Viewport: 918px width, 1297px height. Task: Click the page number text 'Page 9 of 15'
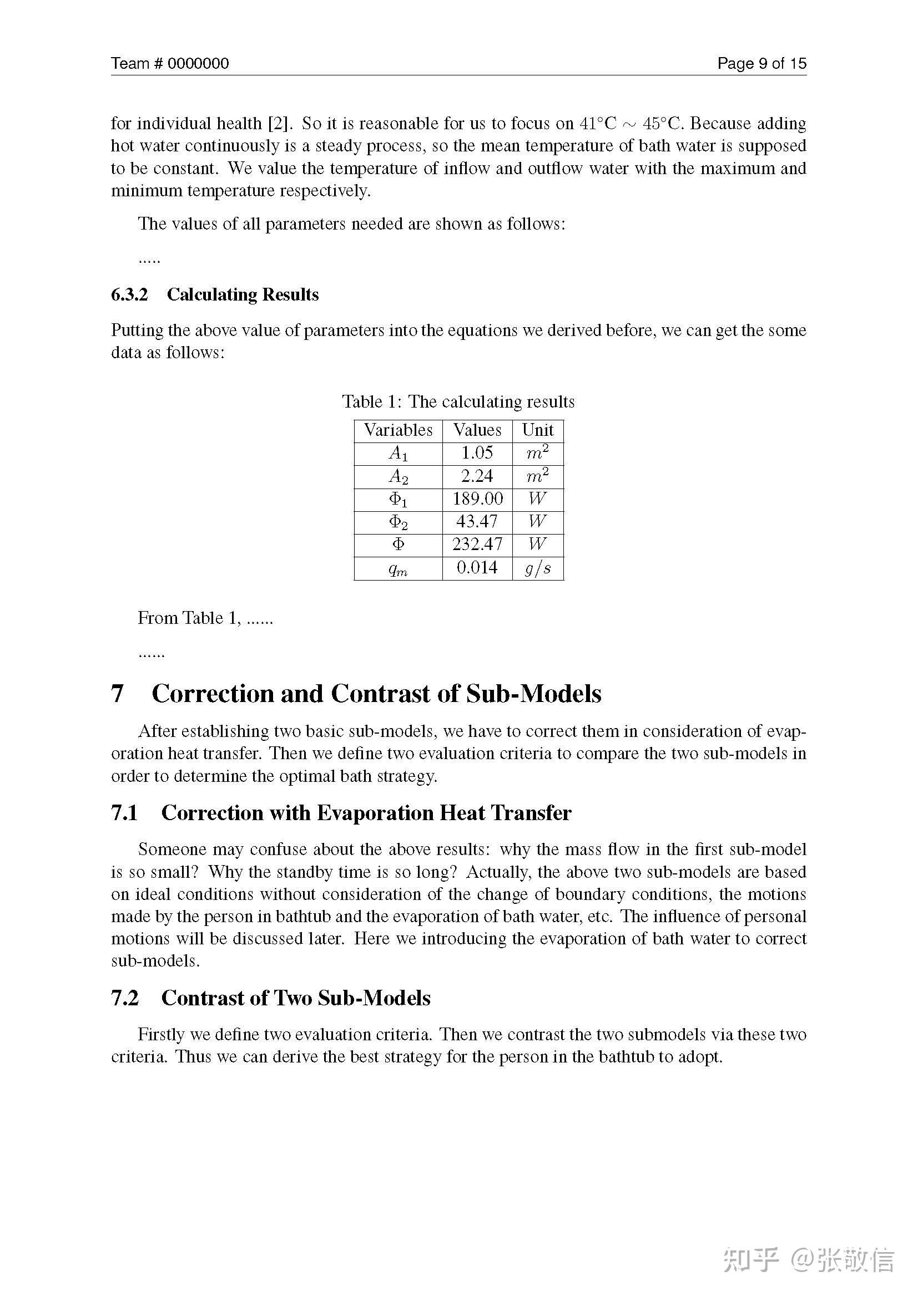click(761, 63)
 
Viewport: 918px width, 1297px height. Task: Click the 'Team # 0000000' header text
click(170, 63)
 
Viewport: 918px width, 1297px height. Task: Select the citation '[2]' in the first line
click(278, 123)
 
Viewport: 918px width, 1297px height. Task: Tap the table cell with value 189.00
click(477, 499)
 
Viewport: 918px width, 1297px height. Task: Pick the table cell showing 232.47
click(477, 544)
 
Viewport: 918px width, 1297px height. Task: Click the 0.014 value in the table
click(477, 567)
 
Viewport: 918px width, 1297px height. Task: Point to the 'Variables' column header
click(398, 430)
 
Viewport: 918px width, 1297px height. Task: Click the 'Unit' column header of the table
click(538, 430)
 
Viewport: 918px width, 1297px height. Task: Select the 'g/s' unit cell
click(538, 568)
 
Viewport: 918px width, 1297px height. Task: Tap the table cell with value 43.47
click(477, 521)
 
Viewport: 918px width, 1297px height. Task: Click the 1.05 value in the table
click(477, 452)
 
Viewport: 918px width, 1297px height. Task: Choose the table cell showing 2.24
click(477, 476)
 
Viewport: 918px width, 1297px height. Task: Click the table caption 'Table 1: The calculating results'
click(458, 401)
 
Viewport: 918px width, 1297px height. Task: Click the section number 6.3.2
click(129, 294)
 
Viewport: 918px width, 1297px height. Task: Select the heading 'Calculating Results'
click(243, 294)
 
